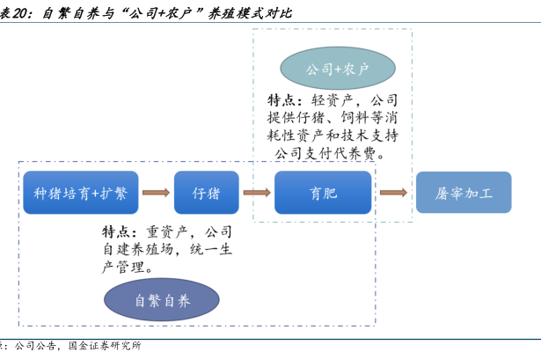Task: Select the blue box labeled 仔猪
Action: [206, 193]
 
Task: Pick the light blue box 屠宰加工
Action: [463, 193]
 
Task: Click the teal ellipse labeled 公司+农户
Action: [336, 68]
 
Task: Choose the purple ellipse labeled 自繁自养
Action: [161, 299]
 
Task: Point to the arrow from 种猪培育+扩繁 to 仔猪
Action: [156, 193]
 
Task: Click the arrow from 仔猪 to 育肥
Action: [256, 193]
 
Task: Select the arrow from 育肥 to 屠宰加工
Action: [392, 193]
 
